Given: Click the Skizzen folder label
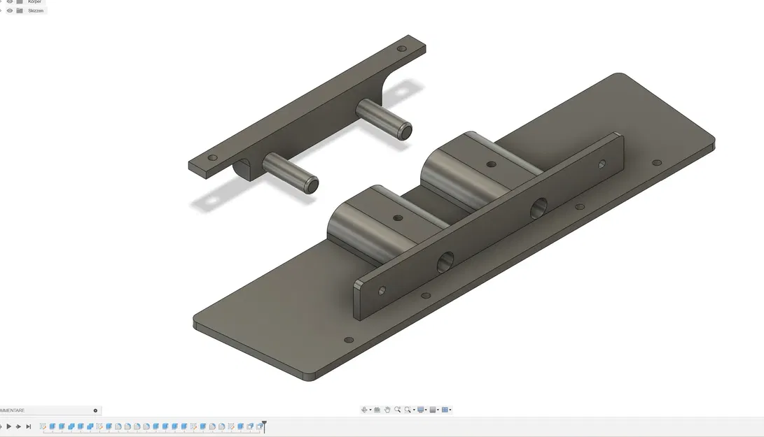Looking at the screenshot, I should pyautogui.click(x=36, y=10).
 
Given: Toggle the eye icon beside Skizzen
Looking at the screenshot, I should pyautogui.click(x=10, y=10).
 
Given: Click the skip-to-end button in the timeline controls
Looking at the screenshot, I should pyautogui.click(x=28, y=427).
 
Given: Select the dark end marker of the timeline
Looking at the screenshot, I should pyautogui.click(x=263, y=425).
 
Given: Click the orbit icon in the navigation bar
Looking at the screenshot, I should pyautogui.click(x=365, y=410).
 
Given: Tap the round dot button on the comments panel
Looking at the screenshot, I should pyautogui.click(x=95, y=410).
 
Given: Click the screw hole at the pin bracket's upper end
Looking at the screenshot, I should pyautogui.click(x=401, y=50).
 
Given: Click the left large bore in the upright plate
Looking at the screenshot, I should pyautogui.click(x=446, y=263).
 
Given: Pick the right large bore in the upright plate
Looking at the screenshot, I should pyautogui.click(x=539, y=208).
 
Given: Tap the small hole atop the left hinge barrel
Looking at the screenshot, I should pyautogui.click(x=398, y=218).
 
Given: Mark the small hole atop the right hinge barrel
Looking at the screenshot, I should pyautogui.click(x=491, y=165).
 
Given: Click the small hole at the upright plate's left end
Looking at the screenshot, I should pyautogui.click(x=382, y=289).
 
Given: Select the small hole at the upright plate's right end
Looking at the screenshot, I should pyautogui.click(x=601, y=165).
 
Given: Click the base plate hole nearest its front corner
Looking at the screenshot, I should pyautogui.click(x=349, y=340).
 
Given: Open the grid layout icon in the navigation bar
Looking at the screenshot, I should pyautogui.click(x=445, y=410).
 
